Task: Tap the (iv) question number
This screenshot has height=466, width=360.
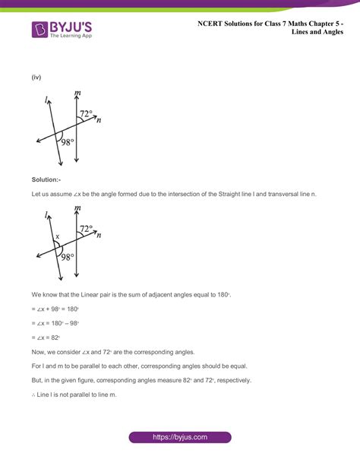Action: pyautogui.click(x=36, y=78)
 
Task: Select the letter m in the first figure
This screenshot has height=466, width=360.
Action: pyautogui.click(x=77, y=94)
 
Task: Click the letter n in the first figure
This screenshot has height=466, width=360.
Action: pyautogui.click(x=99, y=120)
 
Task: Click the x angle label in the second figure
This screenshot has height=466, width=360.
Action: pyautogui.click(x=56, y=236)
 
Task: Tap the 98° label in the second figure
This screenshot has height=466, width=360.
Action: pyautogui.click(x=68, y=257)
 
